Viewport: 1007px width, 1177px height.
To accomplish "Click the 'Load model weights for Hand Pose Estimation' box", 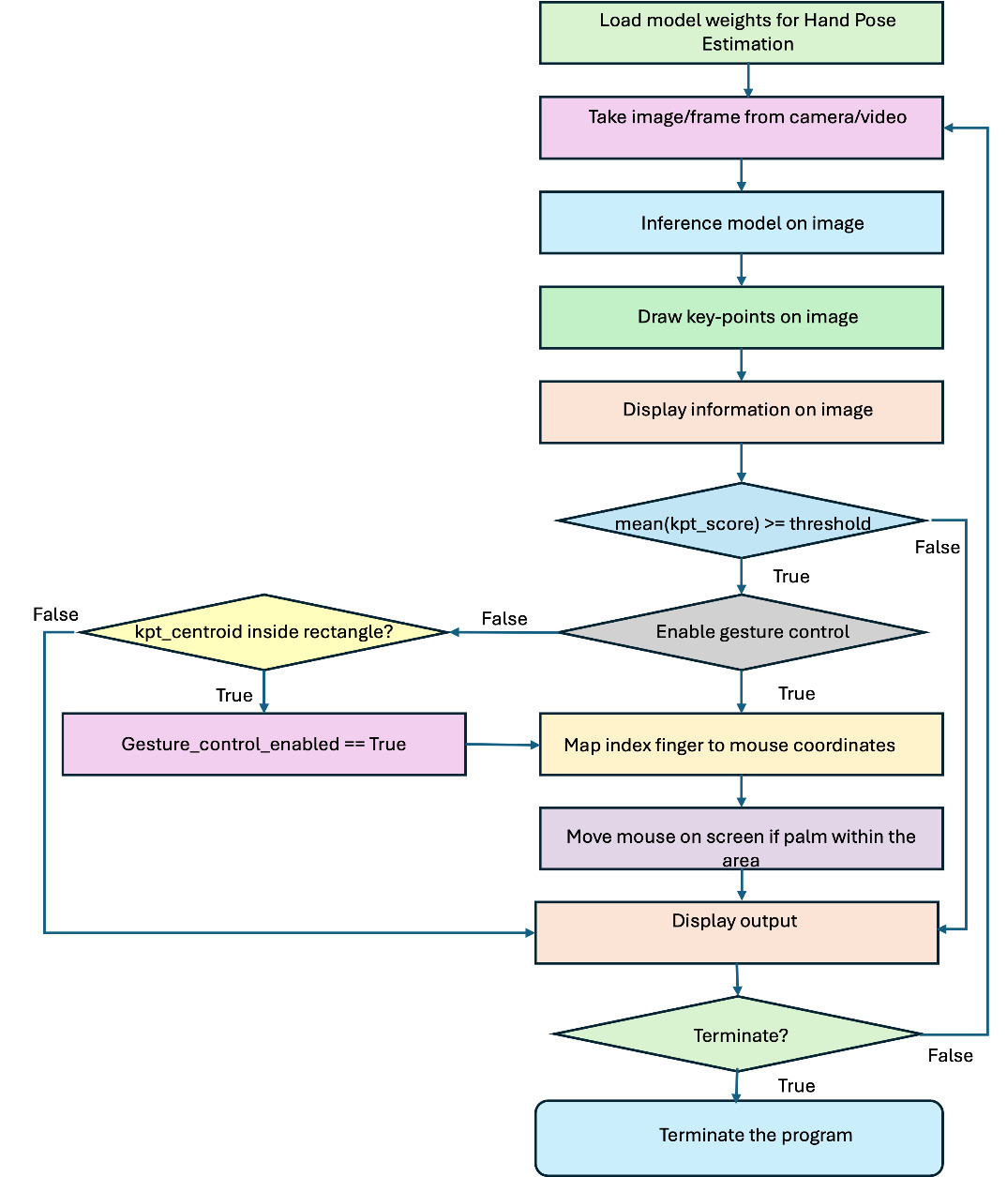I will [x=741, y=33].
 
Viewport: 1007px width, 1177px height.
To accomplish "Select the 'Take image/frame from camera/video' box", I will [x=741, y=128].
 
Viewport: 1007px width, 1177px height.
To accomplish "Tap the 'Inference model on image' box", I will [x=741, y=223].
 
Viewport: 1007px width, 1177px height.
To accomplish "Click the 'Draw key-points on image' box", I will [x=741, y=318].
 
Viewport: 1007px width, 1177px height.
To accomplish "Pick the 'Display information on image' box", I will [x=741, y=412].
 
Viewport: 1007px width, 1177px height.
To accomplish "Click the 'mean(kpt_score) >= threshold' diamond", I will [x=741, y=521].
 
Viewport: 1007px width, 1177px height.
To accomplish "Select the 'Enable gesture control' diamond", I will [x=741, y=632].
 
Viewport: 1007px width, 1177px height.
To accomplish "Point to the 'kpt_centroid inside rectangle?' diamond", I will [x=264, y=632].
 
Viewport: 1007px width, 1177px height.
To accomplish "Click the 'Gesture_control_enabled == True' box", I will [x=263, y=745].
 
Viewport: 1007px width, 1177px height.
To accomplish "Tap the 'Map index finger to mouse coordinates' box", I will [x=741, y=745].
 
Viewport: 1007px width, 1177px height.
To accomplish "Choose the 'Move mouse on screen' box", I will [x=741, y=838].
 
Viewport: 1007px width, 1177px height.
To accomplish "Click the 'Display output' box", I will [x=736, y=932].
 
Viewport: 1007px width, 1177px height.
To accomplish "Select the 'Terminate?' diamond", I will [x=739, y=1034].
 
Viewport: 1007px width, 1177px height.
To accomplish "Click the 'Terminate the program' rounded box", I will [x=739, y=1137].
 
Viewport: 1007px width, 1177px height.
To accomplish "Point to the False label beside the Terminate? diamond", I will [x=950, y=1056].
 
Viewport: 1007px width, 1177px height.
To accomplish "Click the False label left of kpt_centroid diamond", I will [x=55, y=615].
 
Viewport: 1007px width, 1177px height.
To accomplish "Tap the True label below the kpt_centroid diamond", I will [x=234, y=695].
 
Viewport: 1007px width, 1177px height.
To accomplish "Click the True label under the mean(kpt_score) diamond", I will [x=791, y=577].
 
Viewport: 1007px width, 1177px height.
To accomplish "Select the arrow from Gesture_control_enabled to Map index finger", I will [x=503, y=745].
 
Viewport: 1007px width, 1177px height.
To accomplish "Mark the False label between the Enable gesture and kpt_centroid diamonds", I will [x=504, y=619].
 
